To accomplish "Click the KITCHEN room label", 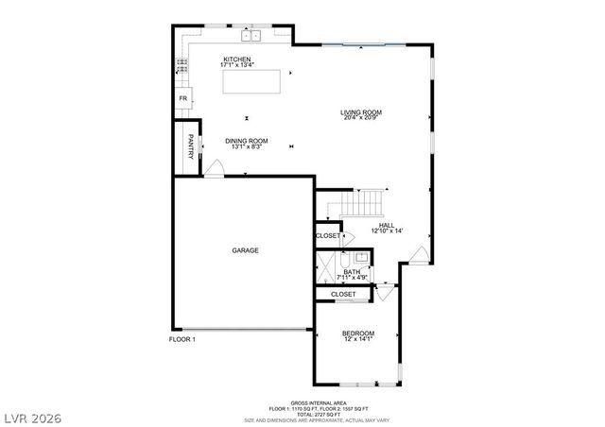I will (236, 59).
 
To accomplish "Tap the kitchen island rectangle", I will (252, 81).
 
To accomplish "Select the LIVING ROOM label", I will (361, 112).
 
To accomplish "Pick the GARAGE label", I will (246, 250).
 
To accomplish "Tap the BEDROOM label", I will (358, 333).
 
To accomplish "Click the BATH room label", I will (352, 272).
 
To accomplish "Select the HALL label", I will (387, 225).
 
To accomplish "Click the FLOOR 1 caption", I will (181, 339).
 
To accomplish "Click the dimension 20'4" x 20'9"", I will (361, 119).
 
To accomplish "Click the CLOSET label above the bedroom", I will (343, 294).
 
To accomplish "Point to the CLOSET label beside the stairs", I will (328, 235).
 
